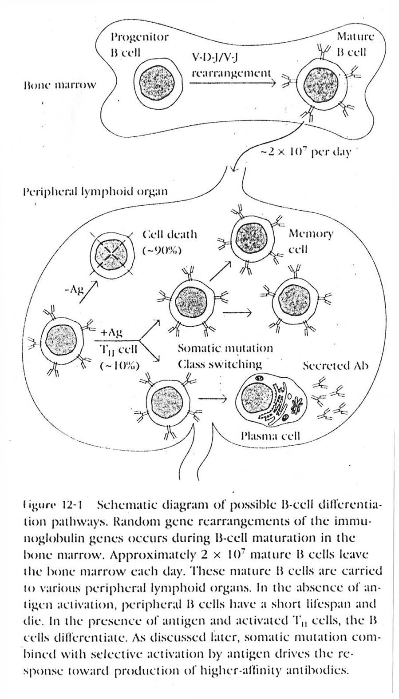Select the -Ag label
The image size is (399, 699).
74,291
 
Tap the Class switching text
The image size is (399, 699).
220,365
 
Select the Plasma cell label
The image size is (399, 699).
270,436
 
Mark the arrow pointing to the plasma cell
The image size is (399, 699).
215,398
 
